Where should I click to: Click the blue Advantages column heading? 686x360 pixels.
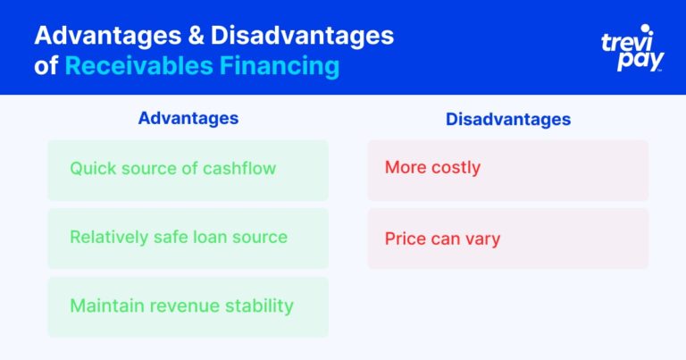(x=188, y=118)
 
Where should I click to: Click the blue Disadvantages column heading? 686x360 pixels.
(x=507, y=119)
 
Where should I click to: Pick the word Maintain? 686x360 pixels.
(x=105, y=306)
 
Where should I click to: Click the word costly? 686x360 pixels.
(x=456, y=168)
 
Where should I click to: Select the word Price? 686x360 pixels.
(x=405, y=239)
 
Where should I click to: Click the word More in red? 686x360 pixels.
(x=405, y=168)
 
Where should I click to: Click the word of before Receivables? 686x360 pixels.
(x=46, y=66)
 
